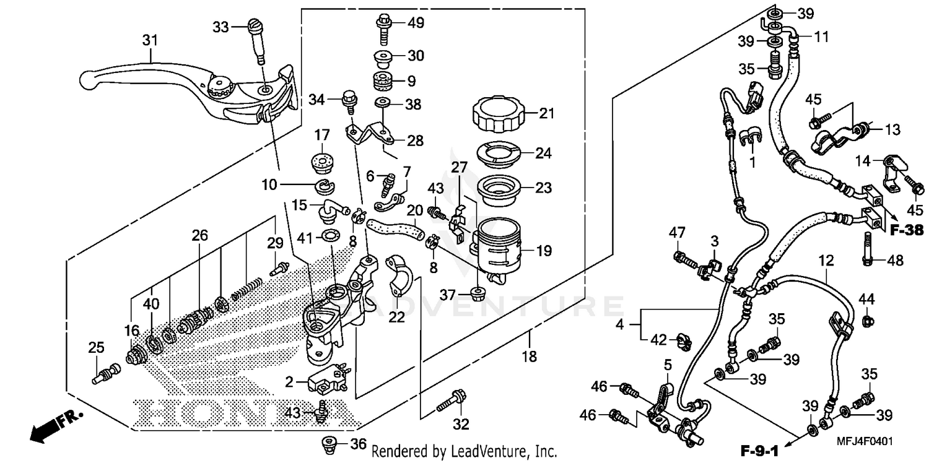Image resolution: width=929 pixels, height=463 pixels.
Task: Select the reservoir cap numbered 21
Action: click(x=497, y=115)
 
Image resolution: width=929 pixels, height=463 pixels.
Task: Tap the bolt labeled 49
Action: click(x=382, y=27)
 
